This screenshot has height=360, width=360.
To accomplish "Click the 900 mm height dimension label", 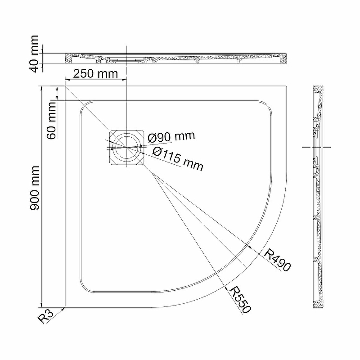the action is [x=35, y=188].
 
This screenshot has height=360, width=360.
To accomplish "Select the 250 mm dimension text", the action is [x=95, y=74].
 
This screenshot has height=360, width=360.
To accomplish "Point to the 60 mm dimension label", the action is [x=51, y=121].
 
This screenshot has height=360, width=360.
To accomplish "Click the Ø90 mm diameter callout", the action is [x=171, y=137].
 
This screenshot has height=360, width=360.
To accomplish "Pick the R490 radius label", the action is [x=277, y=260].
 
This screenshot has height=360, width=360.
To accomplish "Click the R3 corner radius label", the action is [x=45, y=316].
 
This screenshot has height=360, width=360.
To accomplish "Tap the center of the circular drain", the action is [x=127, y=147].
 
